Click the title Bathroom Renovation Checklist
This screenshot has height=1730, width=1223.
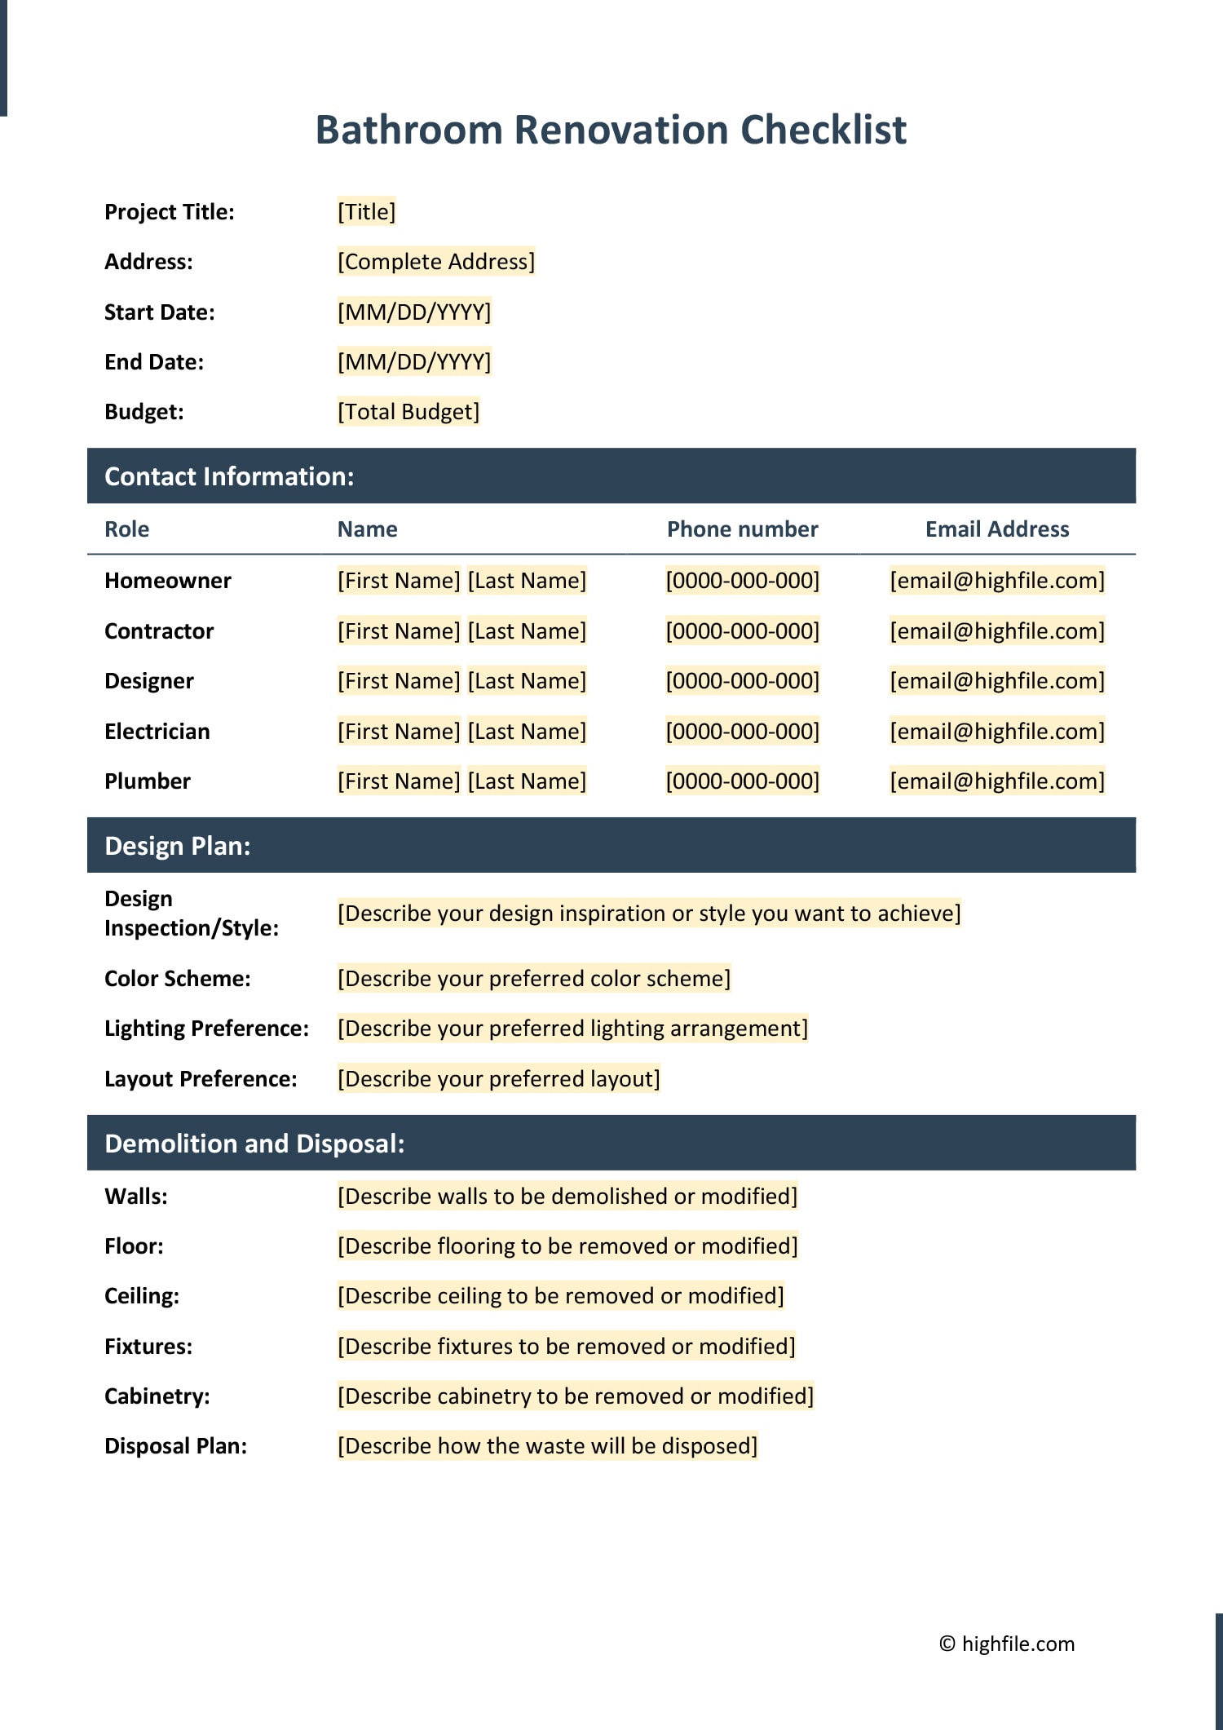click(611, 130)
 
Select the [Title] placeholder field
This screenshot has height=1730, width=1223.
click(366, 212)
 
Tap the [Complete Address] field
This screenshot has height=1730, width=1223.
click(436, 262)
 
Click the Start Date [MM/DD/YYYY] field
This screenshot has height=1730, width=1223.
click(414, 312)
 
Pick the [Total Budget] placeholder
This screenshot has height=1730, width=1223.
click(408, 412)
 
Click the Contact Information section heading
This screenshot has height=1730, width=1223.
click(229, 476)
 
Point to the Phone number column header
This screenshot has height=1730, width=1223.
click(742, 529)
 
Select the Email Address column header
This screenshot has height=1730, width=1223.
click(996, 529)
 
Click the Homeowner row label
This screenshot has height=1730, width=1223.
click(168, 581)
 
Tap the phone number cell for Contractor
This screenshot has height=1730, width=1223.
click(742, 631)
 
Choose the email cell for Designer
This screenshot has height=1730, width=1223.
click(996, 681)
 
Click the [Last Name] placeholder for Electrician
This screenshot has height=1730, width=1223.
click(527, 732)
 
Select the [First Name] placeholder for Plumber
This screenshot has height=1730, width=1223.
click(399, 781)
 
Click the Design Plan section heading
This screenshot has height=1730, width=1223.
click(178, 846)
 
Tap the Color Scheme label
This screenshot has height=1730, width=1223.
click(178, 979)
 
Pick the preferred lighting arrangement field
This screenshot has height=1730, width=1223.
click(572, 1029)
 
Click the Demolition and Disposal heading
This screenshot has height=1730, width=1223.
click(254, 1144)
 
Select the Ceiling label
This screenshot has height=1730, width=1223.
click(142, 1296)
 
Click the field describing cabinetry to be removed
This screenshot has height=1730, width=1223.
click(576, 1396)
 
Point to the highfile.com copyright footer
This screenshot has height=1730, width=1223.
click(1007, 1644)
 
